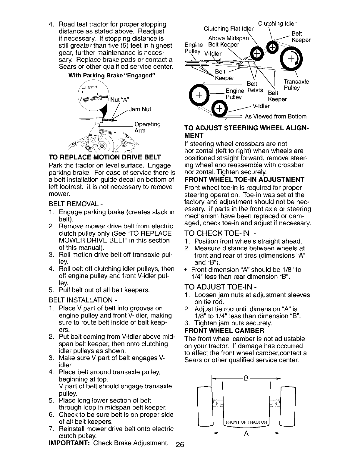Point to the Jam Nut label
[x=141, y=109]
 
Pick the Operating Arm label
[x=147, y=127]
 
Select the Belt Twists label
[x=255, y=87]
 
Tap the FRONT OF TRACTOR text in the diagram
[x=246, y=422]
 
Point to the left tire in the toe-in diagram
[x=204, y=406]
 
